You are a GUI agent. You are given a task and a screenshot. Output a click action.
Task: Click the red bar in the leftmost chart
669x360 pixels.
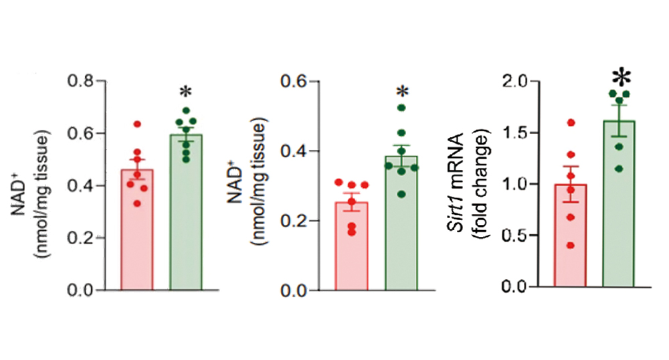tap(137, 234)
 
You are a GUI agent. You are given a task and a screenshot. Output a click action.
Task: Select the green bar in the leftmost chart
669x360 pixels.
tap(186, 214)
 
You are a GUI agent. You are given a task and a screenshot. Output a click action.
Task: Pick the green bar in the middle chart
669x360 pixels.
tap(401, 228)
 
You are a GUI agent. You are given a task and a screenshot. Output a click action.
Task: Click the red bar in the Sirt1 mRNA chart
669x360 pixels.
tap(571, 238)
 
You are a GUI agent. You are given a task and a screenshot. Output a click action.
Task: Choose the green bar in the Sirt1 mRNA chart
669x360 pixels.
tap(619, 207)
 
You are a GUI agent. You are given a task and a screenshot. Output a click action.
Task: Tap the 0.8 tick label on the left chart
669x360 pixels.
tap(83, 82)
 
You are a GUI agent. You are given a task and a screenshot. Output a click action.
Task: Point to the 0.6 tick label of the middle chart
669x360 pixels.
tap(298, 82)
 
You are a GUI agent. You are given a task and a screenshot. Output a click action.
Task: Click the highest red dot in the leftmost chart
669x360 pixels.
tap(137, 124)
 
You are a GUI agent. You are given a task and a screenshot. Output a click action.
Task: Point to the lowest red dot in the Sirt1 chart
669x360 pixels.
tap(571, 246)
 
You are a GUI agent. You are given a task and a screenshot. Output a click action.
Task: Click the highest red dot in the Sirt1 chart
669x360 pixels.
tap(571, 122)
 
